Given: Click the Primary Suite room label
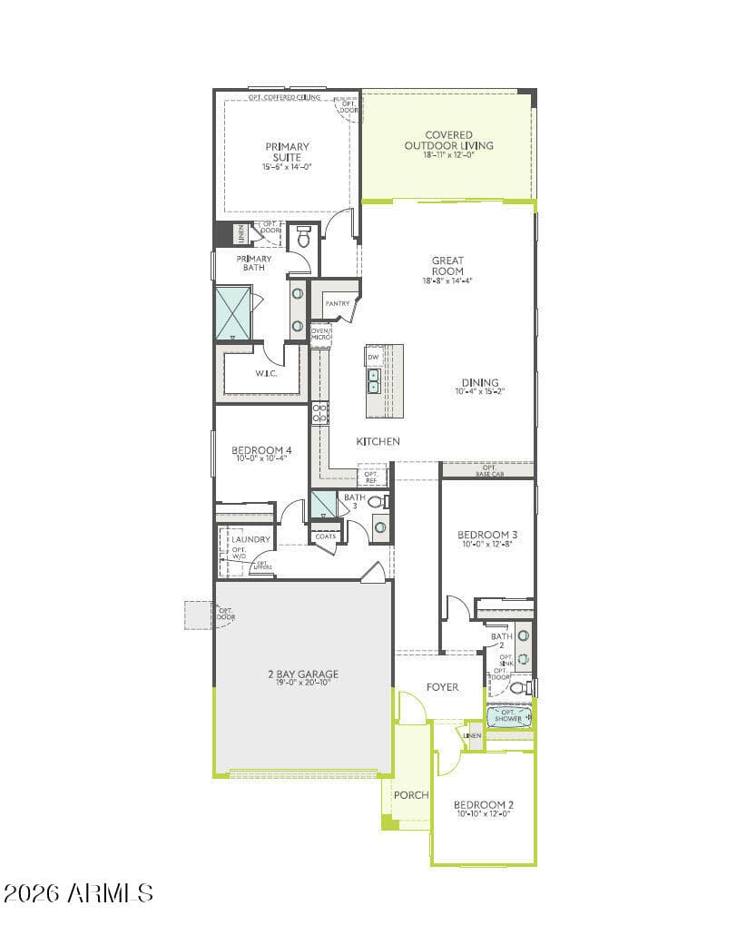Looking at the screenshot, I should [287, 152].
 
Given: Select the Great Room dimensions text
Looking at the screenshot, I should [447, 281].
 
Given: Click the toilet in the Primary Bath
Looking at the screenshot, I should [304, 238].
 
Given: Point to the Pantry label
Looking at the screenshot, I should [338, 303].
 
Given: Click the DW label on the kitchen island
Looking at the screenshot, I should [373, 357].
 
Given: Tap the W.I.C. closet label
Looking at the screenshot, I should [266, 373].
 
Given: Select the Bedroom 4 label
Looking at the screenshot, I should [261, 450].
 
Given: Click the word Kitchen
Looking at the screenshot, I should [378, 441].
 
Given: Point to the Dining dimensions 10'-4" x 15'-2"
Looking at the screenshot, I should [479, 392].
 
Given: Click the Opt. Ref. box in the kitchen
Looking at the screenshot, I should [371, 477].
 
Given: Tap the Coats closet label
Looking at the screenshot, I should [325, 536].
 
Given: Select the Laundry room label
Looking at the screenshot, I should [250, 539].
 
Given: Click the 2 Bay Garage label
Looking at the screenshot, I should [303, 674].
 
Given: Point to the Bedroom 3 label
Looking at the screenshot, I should [487, 535].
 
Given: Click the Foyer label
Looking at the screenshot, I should [443, 687].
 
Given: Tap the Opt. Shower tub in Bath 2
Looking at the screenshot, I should [509, 716].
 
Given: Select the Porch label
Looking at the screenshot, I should [410, 795].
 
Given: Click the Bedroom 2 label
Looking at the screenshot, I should [484, 805].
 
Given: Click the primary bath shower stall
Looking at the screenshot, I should [233, 313].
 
